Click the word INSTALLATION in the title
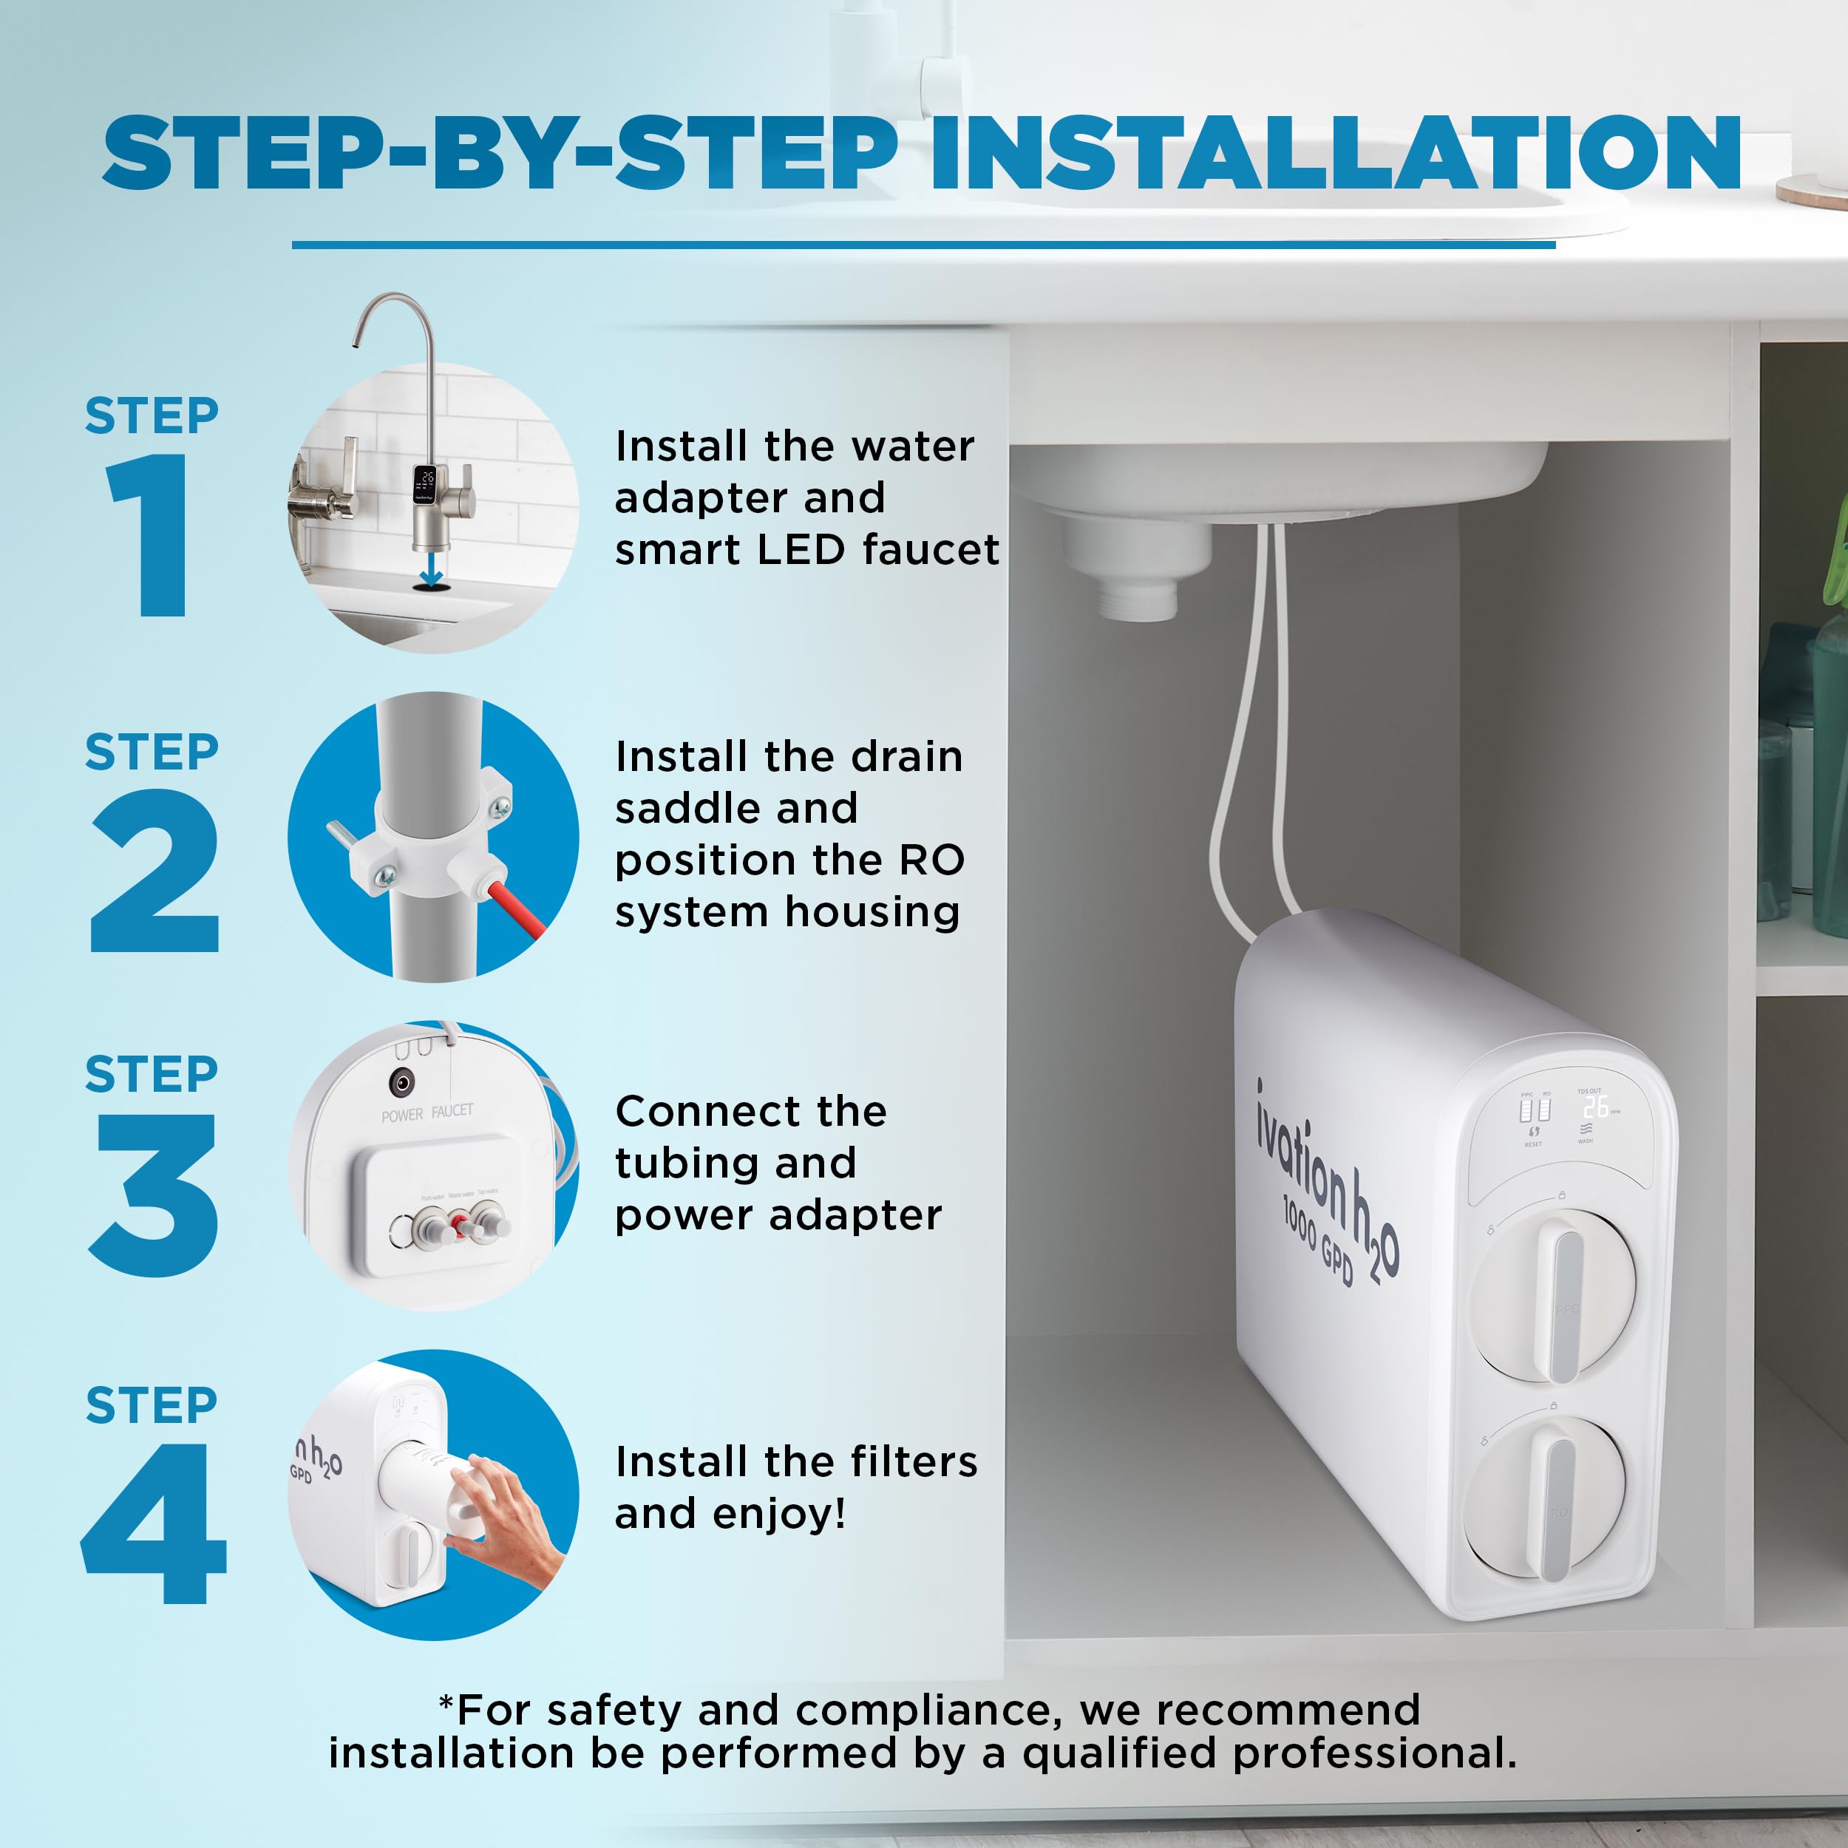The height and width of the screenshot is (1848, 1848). (1335, 153)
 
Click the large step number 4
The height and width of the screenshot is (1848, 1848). (153, 1526)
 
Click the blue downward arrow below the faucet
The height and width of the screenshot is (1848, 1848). (430, 571)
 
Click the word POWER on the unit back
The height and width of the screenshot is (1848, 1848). (401, 1115)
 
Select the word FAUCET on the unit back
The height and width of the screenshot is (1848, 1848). (452, 1110)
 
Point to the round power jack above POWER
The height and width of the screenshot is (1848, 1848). (401, 1083)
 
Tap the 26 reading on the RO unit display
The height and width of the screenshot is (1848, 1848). (1595, 1107)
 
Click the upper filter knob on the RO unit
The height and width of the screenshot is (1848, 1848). (1555, 1296)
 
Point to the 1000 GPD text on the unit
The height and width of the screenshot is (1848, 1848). (1318, 1243)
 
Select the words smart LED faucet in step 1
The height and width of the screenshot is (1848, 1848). (806, 550)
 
